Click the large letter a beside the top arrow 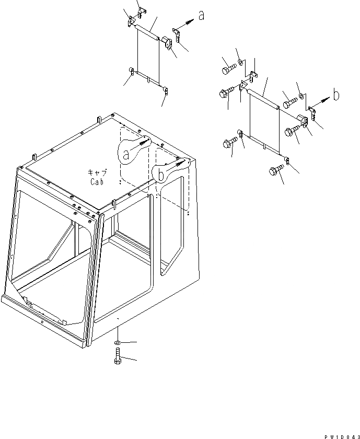[x=201, y=17]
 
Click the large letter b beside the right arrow [x=336, y=95]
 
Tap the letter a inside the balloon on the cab [x=126, y=154]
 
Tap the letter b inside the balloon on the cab [x=161, y=175]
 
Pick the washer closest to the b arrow [x=302, y=99]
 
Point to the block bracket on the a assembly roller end [x=168, y=42]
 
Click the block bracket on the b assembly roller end [x=301, y=119]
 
